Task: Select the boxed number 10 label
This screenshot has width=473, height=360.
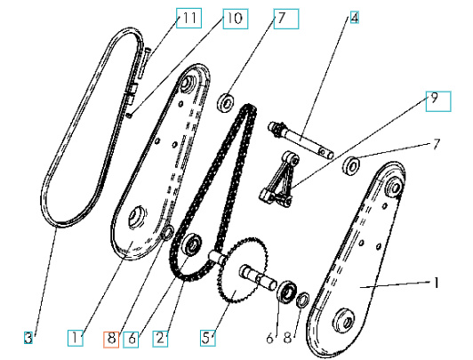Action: point(231,19)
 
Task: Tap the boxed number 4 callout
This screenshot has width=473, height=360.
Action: point(353,18)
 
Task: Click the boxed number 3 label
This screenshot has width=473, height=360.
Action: point(29,337)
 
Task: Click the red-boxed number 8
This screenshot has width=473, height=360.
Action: point(110,338)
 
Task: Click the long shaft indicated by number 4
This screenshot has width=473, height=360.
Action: point(302,142)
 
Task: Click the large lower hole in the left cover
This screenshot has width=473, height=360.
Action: point(139,217)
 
